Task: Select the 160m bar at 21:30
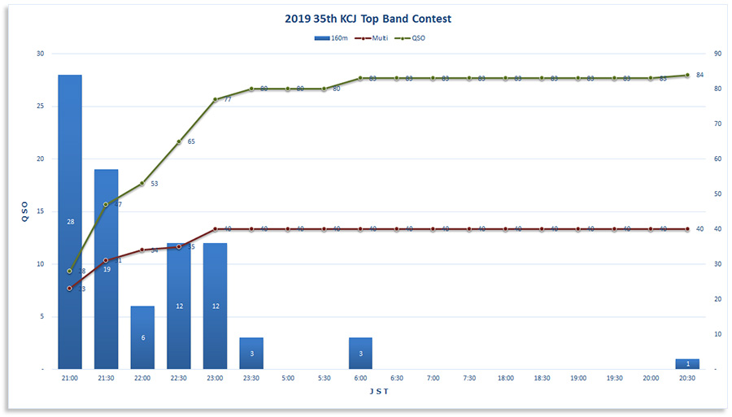[107, 268]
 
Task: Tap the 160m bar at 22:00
[142, 337]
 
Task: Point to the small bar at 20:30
[687, 364]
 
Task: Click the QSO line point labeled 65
[179, 141]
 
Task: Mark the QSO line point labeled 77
[216, 99]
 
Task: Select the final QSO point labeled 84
[687, 75]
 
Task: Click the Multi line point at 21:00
[70, 289]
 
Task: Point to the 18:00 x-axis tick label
[506, 378]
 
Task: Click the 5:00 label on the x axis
[288, 378]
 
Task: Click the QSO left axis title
[24, 211]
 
